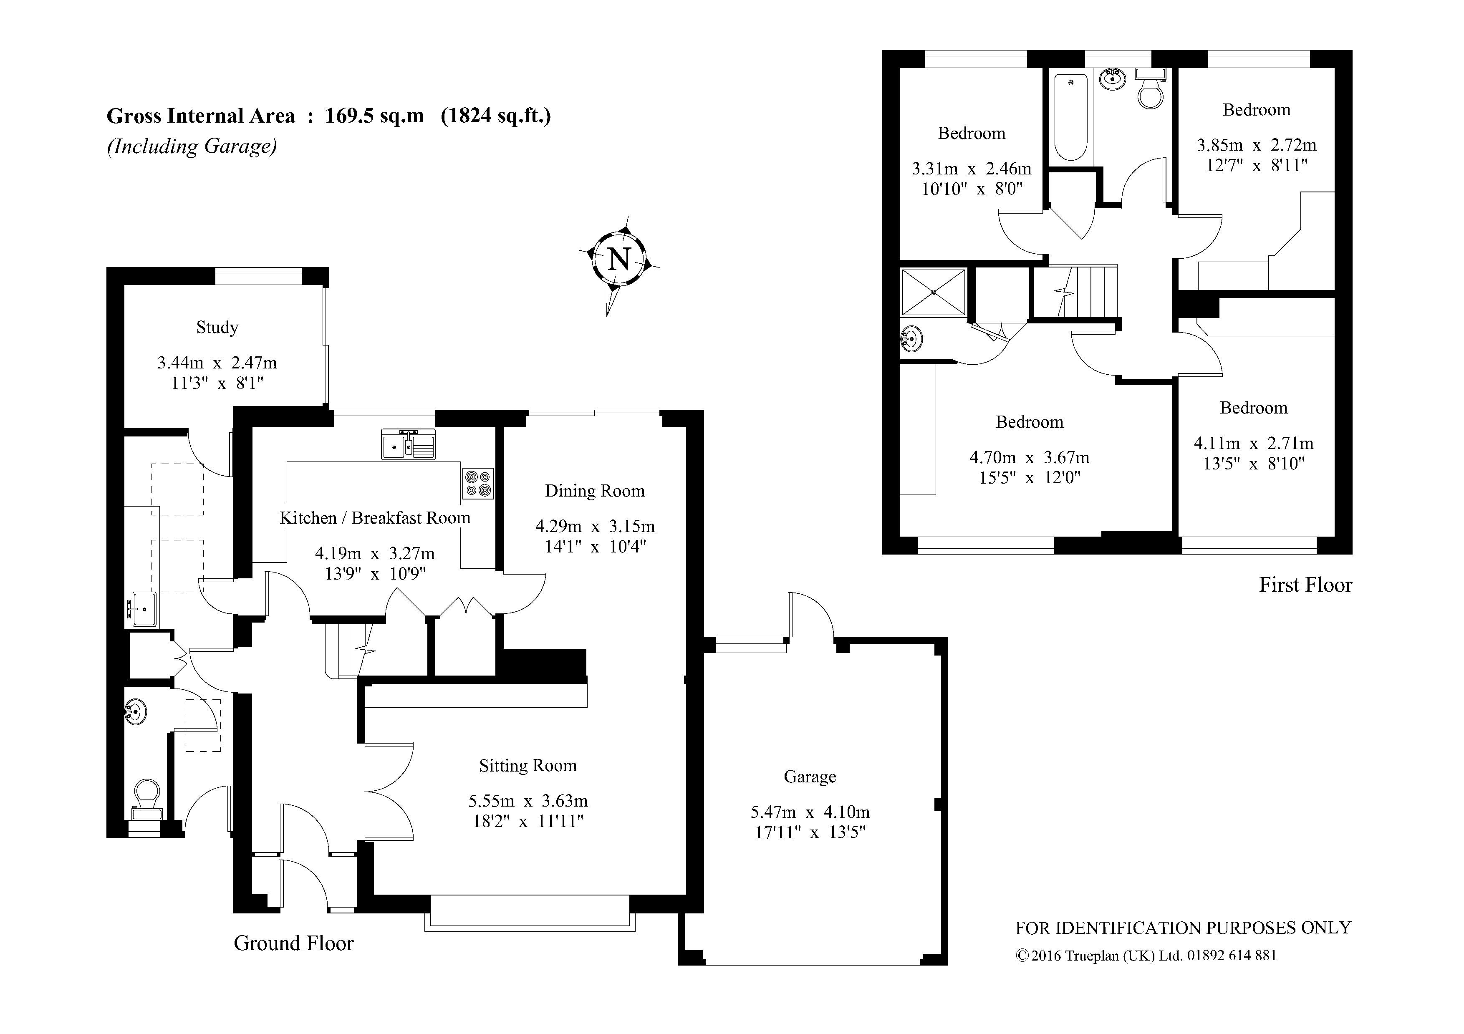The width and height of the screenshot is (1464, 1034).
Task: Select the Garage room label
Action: pyautogui.click(x=810, y=777)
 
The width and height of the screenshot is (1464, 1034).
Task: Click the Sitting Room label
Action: pyautogui.click(x=528, y=766)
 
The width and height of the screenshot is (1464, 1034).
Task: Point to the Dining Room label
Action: pyautogui.click(x=595, y=491)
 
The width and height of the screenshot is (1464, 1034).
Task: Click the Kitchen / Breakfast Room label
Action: pyautogui.click(x=375, y=518)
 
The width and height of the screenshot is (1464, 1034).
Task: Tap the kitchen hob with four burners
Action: pyautogui.click(x=477, y=483)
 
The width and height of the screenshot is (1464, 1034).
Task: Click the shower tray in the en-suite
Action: pyautogui.click(x=934, y=292)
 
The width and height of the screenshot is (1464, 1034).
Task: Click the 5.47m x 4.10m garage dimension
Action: pyautogui.click(x=810, y=812)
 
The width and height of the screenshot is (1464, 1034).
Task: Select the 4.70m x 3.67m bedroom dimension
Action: pyautogui.click(x=1030, y=458)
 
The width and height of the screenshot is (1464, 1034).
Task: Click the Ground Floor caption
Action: pyautogui.click(x=293, y=943)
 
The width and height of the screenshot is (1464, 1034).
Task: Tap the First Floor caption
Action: pyautogui.click(x=1305, y=585)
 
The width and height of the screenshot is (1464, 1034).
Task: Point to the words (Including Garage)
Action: pyautogui.click(x=192, y=146)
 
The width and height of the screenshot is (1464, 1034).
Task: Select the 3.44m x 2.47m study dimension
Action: pyautogui.click(x=217, y=363)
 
